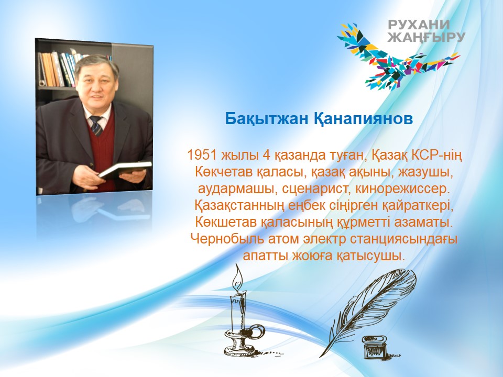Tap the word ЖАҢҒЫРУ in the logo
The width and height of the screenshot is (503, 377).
click(427, 37)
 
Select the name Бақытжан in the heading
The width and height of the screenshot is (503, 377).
click(266, 119)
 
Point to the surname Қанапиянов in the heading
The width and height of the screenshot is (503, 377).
click(363, 119)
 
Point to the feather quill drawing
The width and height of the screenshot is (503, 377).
click(369, 311)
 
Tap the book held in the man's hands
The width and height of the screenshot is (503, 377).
click(125, 169)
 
